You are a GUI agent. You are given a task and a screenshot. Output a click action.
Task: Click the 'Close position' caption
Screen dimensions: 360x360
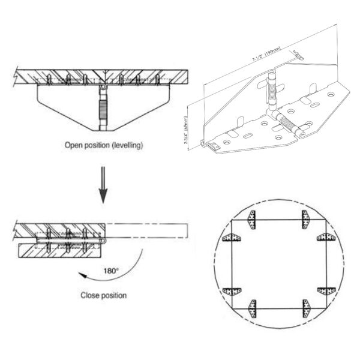[103, 295]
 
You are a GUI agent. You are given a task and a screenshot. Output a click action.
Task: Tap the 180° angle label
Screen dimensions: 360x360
[110, 271]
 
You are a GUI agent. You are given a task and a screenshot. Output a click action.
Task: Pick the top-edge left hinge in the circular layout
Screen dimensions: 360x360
[253, 219]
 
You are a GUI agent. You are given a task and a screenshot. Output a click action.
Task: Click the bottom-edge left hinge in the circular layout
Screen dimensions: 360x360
[253, 308]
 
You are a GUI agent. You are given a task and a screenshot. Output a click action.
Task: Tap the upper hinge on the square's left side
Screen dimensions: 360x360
[232, 237]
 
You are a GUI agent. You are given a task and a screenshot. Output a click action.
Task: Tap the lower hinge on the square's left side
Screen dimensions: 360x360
[232, 292]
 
